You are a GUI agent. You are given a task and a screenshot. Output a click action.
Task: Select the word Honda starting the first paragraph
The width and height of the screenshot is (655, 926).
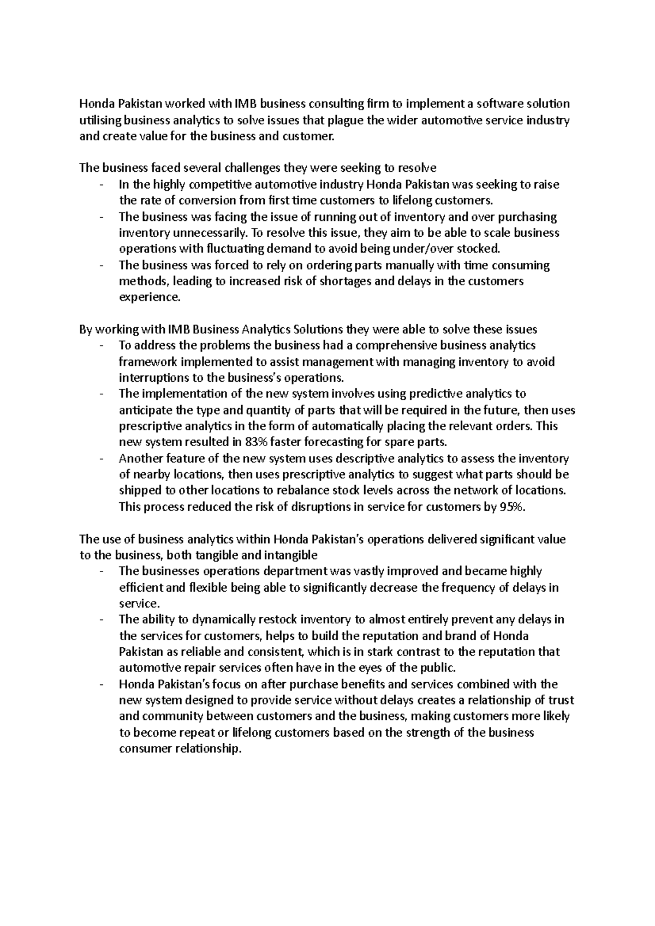pyautogui.click(x=94, y=104)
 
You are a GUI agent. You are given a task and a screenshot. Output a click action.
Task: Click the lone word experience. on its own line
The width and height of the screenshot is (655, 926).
pyautogui.click(x=149, y=297)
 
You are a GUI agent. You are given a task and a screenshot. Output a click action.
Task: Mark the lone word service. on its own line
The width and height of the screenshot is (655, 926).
pyautogui.click(x=140, y=603)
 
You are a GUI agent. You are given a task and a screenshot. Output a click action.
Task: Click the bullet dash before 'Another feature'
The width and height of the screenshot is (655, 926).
pyautogui.click(x=102, y=459)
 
